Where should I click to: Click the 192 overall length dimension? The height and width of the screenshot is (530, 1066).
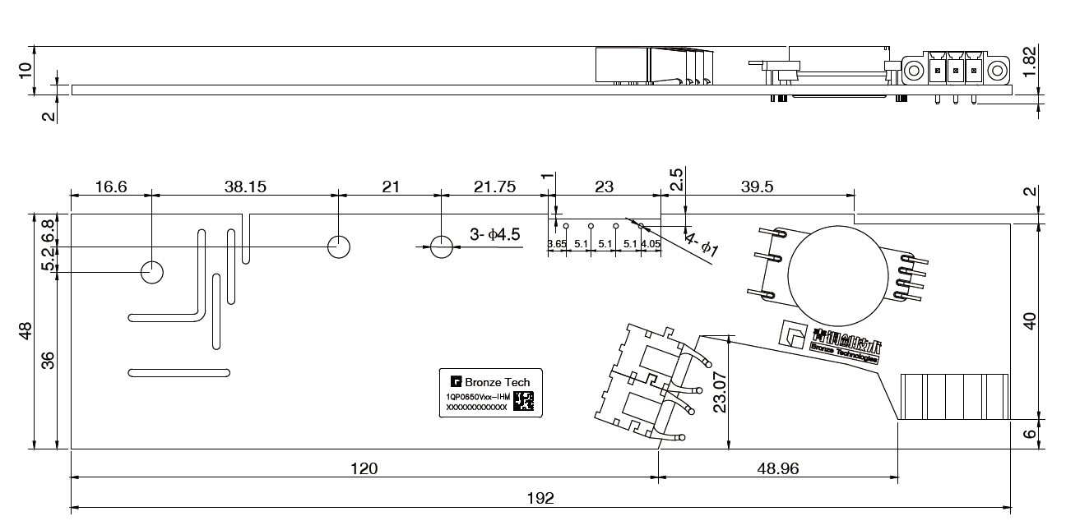point(540,498)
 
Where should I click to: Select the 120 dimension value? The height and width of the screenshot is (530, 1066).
point(364,468)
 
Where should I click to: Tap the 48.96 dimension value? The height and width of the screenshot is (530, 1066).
point(776,468)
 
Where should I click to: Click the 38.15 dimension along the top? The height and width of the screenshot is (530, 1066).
point(245,187)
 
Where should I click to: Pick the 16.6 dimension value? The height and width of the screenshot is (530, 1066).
point(111,187)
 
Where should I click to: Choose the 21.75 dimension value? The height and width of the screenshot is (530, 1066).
point(495,187)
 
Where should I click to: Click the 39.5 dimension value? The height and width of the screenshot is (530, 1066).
point(757,187)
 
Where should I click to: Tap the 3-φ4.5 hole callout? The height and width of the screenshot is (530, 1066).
point(495,235)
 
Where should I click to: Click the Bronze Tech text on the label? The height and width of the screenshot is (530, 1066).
point(498,382)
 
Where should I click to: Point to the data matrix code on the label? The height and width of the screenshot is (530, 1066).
point(523,402)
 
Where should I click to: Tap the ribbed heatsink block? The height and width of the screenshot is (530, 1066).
point(954,397)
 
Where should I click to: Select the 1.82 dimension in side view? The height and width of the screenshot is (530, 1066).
point(1030,61)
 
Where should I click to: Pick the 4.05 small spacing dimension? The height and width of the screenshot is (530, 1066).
point(651,244)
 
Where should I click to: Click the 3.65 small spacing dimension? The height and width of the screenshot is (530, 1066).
point(557,244)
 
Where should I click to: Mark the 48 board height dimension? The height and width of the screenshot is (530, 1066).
point(25,331)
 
